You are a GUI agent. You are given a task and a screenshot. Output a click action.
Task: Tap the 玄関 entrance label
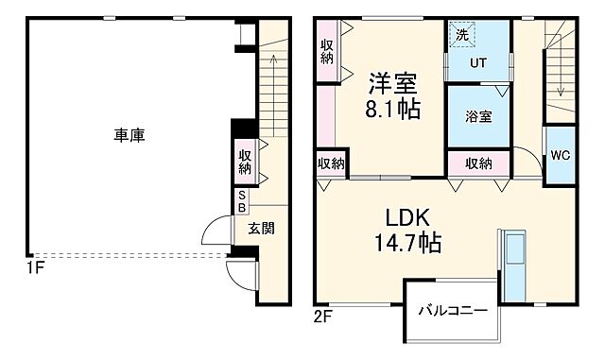coord(262,228)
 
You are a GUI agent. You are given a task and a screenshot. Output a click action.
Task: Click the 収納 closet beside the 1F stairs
coord(245,163)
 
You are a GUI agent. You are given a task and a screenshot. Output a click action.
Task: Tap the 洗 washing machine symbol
coord(462,35)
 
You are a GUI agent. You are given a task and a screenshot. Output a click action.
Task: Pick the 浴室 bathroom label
coord(477,118)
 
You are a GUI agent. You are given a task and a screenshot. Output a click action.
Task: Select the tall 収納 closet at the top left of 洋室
coord(327,51)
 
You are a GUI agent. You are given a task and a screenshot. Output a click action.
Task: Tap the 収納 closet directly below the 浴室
coord(478,163)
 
